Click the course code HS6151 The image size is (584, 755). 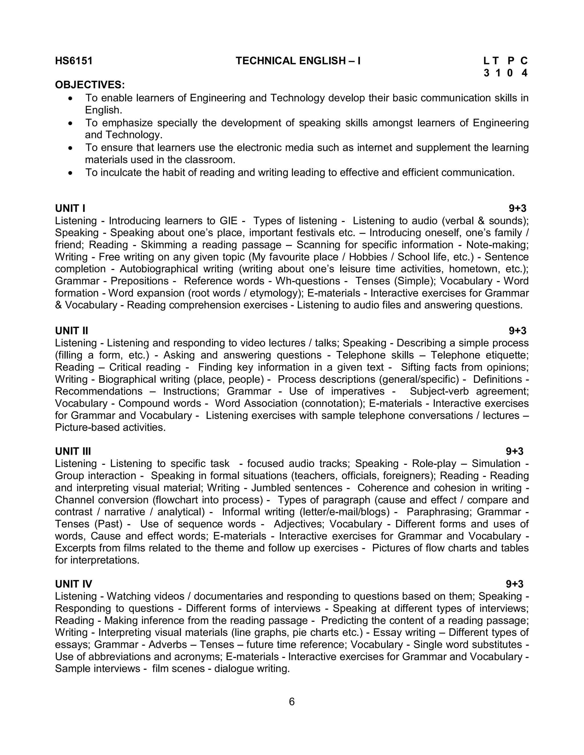tap(74, 61)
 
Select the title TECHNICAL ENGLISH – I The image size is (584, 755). tap(298, 61)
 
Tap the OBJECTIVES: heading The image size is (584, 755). tap(90, 85)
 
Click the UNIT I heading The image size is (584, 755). tap(70, 209)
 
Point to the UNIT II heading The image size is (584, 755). tap(72, 331)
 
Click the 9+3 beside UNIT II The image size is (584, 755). tap(517, 331)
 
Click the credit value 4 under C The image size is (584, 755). tap(524, 73)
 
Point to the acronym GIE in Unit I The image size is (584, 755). tap(229, 221)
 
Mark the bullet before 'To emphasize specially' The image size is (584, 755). tap(71, 123)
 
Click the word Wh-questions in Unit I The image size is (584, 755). tap(308, 281)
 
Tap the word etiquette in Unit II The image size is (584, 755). tap(507, 355)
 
